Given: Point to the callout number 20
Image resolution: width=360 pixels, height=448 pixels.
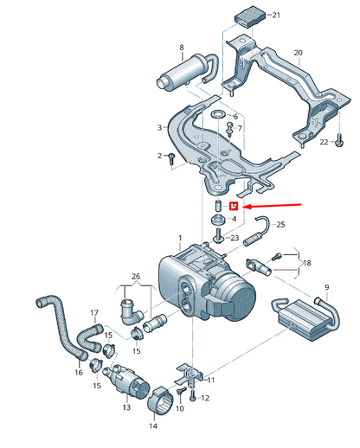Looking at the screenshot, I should (x=299, y=53).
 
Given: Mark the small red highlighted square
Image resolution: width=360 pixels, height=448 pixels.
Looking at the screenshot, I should (x=233, y=207).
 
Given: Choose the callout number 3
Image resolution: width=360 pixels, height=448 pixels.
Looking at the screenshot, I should (x=159, y=127).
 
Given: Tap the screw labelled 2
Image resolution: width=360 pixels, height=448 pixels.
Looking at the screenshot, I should (x=173, y=157).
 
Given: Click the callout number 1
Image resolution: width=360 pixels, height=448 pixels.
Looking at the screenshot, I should (x=180, y=237).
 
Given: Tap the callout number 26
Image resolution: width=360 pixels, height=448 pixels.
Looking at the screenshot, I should (x=134, y=278).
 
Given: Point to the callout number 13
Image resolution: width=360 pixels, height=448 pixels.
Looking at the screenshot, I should (x=126, y=406).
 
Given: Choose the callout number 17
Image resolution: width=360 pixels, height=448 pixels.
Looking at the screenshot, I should (x=94, y=312).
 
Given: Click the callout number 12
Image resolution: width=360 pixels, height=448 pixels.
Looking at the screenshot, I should (x=204, y=398).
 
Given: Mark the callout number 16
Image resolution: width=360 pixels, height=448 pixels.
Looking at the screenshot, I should (x=79, y=373).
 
